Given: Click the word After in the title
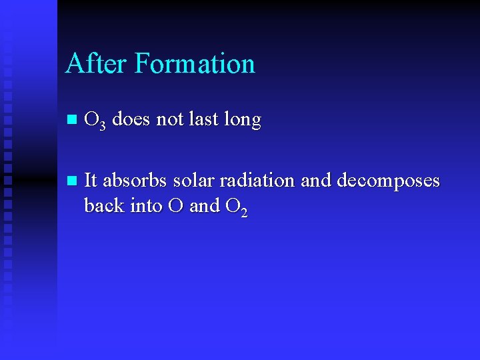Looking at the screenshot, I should (x=97, y=63).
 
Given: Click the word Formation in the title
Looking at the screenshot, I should (x=195, y=63).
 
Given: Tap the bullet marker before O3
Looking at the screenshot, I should (x=72, y=121).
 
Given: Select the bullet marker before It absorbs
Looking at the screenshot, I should (x=72, y=181).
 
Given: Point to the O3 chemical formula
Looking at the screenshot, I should (x=95, y=121).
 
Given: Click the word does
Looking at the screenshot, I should (x=131, y=120).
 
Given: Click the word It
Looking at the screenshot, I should (x=91, y=180).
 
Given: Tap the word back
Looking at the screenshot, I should (x=105, y=205).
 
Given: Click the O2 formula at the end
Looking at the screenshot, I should (x=237, y=207).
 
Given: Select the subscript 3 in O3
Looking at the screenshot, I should (x=102, y=125).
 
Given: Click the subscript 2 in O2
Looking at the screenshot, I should (x=244, y=212).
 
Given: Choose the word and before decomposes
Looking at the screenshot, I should (x=317, y=180).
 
